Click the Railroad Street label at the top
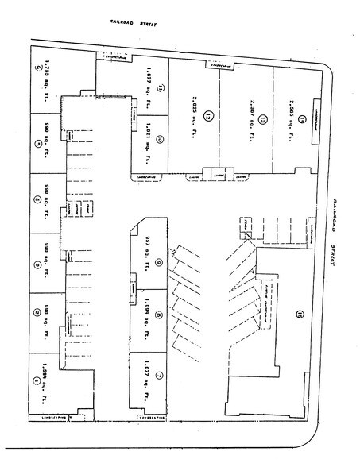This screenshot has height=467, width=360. point(134,25)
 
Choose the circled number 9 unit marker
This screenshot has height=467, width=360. point(160,263)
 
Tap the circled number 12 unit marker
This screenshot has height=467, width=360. point(209,115)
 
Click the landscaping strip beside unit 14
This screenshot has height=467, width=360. point(316,114)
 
